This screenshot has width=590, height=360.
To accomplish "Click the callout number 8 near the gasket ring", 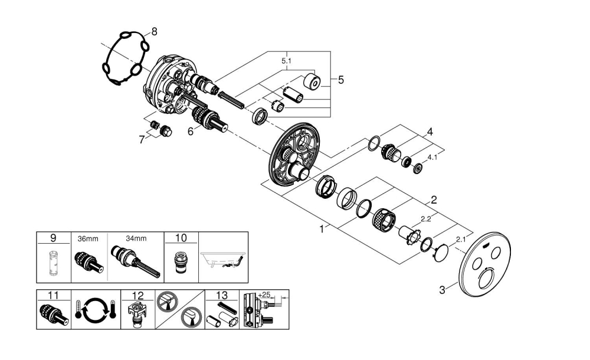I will click(x=154, y=32).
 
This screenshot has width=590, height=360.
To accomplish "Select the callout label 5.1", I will click(x=287, y=61).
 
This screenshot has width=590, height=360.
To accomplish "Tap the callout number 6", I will click(x=190, y=132).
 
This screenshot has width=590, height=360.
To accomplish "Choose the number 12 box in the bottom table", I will click(x=137, y=294).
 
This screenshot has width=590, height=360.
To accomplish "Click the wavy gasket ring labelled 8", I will click(x=122, y=59).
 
